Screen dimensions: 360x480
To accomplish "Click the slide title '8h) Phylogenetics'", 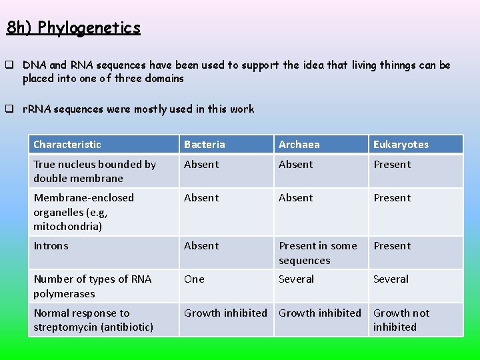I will tap(73, 27).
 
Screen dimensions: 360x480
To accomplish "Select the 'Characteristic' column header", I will tap(67, 145).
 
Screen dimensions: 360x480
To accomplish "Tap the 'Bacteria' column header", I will tap(205, 145).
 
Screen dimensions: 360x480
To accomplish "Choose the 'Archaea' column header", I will tap(299, 145).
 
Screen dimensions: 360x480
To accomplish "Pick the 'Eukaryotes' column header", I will tap(401, 145).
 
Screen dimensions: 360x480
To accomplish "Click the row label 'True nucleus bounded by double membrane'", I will tap(94, 171).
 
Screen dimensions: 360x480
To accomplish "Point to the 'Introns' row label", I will tap(51, 246).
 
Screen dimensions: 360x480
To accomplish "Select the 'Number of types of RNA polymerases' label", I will tap(93, 286).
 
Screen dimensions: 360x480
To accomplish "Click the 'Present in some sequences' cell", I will tap(318, 253).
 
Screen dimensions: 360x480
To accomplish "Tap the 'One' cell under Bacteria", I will tap(195, 279).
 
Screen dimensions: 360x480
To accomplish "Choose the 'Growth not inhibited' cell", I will tap(401, 319).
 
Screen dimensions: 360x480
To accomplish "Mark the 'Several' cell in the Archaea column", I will tap(296, 279).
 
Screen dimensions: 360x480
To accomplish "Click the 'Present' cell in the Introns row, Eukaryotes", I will tap(392, 246).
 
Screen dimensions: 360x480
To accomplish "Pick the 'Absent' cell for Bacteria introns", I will tap(201, 246).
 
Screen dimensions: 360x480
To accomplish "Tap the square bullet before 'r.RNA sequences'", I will tap(10, 109).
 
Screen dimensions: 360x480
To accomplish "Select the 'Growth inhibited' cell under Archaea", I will tap(320, 313).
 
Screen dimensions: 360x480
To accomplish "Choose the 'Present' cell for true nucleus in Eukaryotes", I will tap(392, 165).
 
